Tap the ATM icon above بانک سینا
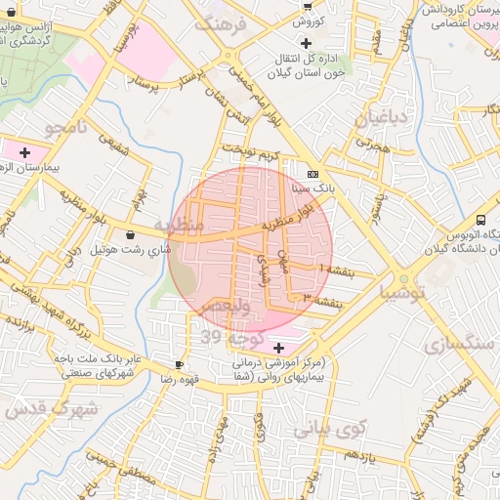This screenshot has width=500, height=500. click(x=312, y=172)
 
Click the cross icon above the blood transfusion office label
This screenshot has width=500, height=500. click(x=307, y=43)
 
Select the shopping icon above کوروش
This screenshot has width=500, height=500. click(x=307, y=6)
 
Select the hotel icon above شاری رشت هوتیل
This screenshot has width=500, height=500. click(x=131, y=234)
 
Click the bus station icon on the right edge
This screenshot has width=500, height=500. click(x=480, y=220)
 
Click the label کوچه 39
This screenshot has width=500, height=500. click(x=226, y=337)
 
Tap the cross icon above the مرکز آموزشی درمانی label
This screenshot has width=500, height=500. click(x=279, y=348)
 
